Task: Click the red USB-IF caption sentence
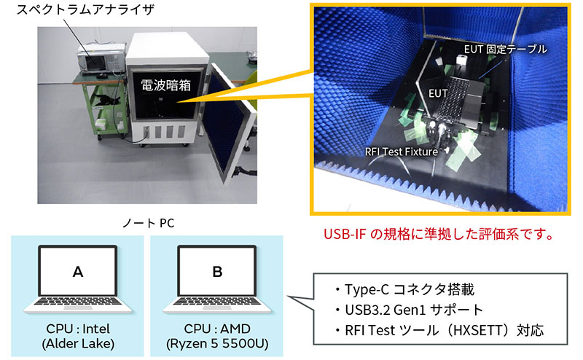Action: pyautogui.click(x=434, y=235)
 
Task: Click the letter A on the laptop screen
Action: pyautogui.click(x=77, y=272)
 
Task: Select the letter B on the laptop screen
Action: pyautogui.click(x=216, y=272)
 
